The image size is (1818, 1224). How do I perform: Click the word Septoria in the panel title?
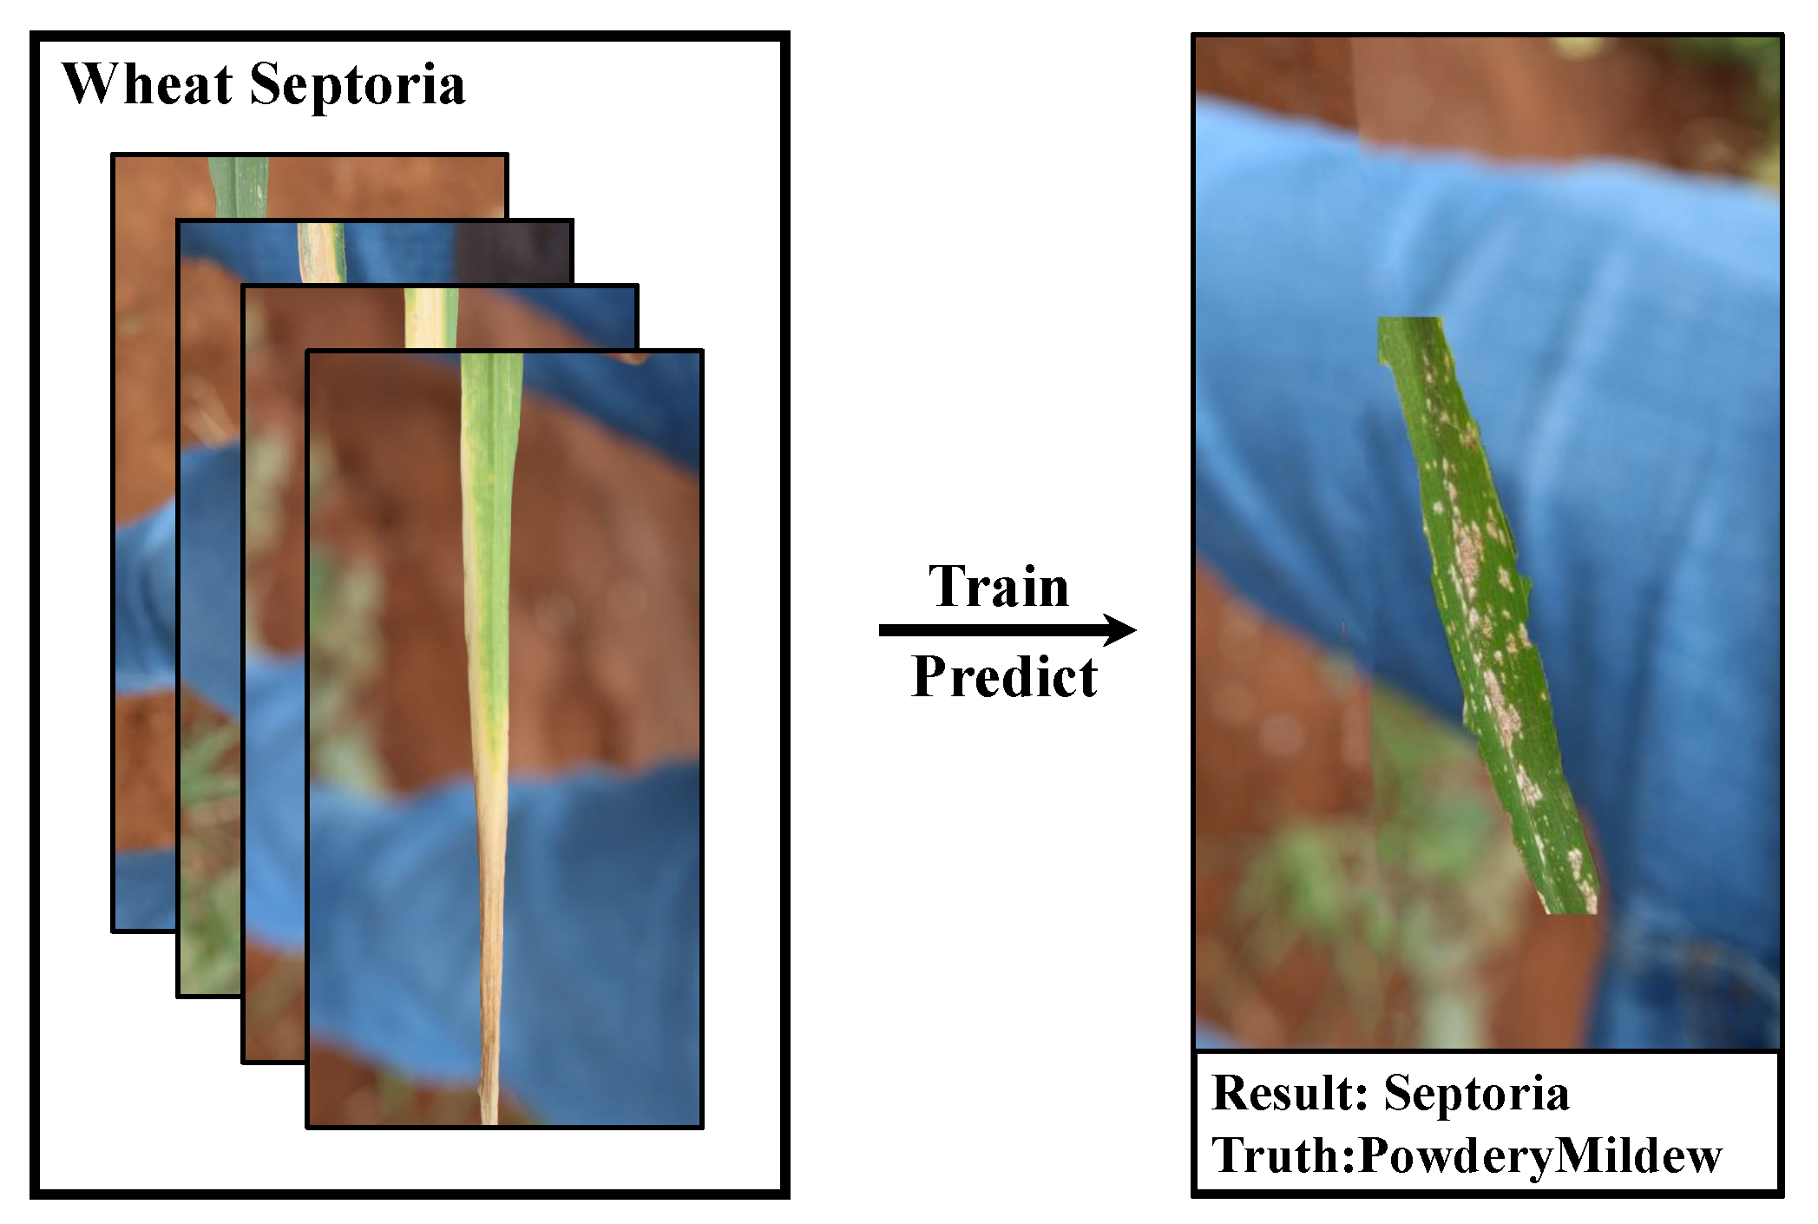coord(358,87)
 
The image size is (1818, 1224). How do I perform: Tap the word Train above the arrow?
coord(999,586)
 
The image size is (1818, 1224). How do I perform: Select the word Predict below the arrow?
coord(1005,676)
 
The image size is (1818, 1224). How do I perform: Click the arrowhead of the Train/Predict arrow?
coord(1119,629)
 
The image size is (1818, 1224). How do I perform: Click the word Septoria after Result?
coord(1476,1095)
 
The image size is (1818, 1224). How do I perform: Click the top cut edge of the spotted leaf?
coord(1410,319)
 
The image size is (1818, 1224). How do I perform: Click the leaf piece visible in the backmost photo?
coord(239,187)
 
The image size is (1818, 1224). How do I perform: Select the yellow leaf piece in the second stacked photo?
coord(321,253)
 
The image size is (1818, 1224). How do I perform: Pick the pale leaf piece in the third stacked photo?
coord(430,318)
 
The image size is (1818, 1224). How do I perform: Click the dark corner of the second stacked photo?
coord(513,252)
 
